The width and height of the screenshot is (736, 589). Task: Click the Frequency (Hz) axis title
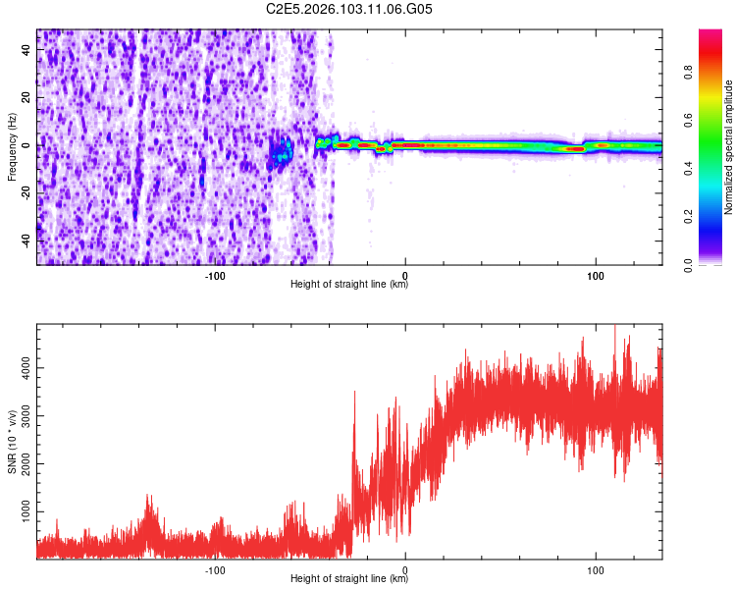(x=12, y=146)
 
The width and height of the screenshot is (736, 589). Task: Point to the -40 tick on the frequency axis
(x=27, y=240)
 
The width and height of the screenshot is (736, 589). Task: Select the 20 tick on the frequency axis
(x=27, y=98)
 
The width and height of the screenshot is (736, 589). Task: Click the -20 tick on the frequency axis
(x=27, y=192)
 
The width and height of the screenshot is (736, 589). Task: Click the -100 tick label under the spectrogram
(x=215, y=276)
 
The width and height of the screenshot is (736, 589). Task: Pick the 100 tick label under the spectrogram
(x=595, y=276)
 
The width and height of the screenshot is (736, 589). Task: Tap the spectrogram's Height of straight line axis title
(x=349, y=286)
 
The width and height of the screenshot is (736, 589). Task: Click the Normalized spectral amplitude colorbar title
(x=729, y=147)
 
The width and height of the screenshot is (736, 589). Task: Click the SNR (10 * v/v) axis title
(x=12, y=442)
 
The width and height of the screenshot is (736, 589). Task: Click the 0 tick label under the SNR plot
(x=405, y=570)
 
